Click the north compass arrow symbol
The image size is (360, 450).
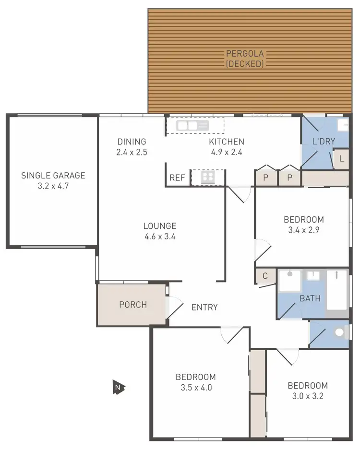point(118,387)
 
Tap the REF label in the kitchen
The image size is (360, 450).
point(177,178)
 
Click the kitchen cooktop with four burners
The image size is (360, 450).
point(208,178)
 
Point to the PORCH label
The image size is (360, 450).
point(133,305)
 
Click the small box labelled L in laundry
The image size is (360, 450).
point(341,158)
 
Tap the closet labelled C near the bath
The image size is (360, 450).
point(265,276)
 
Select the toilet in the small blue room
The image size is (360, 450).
point(340,332)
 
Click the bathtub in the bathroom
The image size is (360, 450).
point(337,293)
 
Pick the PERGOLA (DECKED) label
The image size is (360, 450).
point(245,59)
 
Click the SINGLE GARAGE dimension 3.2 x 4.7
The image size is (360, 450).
point(53,186)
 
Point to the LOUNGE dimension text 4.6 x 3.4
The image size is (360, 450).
point(160,236)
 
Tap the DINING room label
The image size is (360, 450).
point(132,142)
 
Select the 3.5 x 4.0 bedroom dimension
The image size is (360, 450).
point(195,387)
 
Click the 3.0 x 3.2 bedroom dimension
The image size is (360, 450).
point(308,396)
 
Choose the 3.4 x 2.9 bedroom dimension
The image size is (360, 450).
point(304,230)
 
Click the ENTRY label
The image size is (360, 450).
point(204,308)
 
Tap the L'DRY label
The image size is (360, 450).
point(324,142)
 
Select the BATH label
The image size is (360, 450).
point(310,298)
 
